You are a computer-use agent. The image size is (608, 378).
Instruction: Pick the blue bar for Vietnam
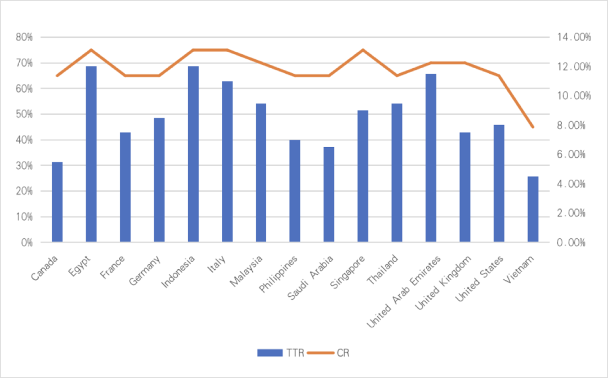(533, 209)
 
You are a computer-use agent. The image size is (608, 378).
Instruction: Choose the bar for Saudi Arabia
(328, 194)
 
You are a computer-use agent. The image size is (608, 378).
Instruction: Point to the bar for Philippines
(294, 191)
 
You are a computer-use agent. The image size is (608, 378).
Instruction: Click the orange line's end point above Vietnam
(533, 127)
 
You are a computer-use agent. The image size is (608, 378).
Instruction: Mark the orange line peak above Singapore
(363, 50)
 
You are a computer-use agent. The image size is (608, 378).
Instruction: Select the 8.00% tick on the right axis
(575, 126)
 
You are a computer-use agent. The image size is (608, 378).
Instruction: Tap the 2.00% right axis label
(575, 214)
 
